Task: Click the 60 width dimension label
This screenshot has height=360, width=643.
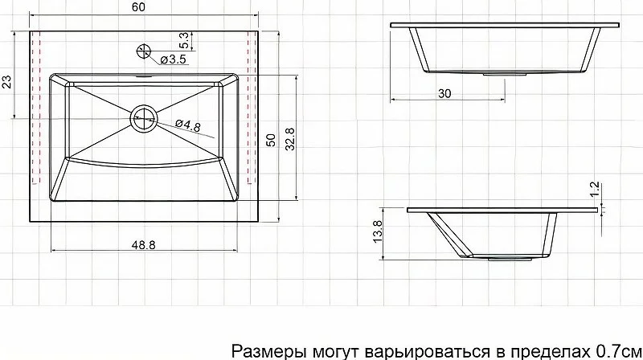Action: point(138,7)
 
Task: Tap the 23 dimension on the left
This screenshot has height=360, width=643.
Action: point(7,82)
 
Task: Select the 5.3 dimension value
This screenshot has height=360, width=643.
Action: point(184,41)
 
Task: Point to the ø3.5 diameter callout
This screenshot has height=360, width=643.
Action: point(173,59)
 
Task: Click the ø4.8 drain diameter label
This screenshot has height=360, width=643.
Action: point(188,125)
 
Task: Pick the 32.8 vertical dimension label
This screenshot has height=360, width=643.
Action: point(290,139)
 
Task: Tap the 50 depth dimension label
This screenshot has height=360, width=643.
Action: point(271,141)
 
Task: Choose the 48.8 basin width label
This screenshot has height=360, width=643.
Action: point(144,245)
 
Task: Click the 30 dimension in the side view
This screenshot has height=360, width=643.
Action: point(444,93)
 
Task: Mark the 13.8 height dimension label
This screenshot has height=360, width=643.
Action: point(377,231)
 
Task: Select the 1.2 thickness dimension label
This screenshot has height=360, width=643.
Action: point(595,190)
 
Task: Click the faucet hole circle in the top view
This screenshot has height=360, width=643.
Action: point(144,51)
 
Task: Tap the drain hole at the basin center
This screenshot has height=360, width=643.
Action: point(144,118)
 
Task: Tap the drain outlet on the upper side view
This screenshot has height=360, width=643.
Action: point(505,74)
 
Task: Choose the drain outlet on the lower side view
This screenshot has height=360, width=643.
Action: point(510,259)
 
